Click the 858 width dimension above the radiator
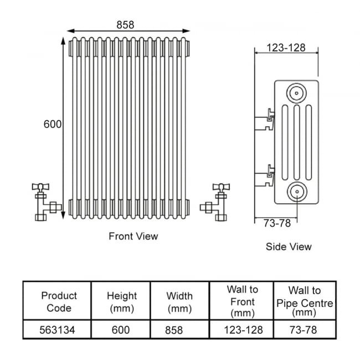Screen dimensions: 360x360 point(125,25)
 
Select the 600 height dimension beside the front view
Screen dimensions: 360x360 point(53,124)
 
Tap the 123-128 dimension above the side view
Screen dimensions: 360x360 point(286,48)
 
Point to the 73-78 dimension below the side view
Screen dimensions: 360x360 point(277,223)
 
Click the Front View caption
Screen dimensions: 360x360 point(133,236)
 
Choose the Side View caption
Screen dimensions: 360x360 point(289,247)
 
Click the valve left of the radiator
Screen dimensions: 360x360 point(47,202)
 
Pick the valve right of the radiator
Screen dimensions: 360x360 point(215,202)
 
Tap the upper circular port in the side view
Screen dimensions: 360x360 point(296,93)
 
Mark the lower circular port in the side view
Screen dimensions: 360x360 point(297,192)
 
